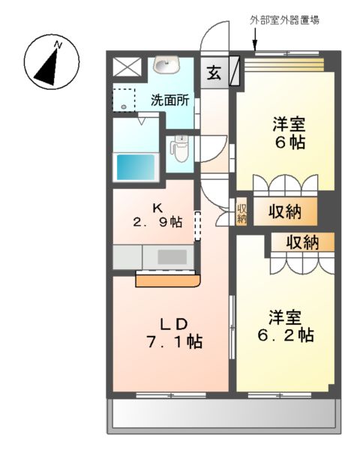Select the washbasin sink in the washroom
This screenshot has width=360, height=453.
pyautogui.click(x=163, y=65)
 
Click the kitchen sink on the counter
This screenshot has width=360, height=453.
pyautogui.click(x=172, y=256)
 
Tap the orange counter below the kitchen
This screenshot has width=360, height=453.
pyautogui.click(x=168, y=280)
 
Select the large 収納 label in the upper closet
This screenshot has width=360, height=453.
pyautogui.click(x=285, y=212)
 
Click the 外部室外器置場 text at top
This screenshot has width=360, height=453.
pyautogui.click(x=285, y=20)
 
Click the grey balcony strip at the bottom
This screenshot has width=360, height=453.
pyautogui.click(x=223, y=415)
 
